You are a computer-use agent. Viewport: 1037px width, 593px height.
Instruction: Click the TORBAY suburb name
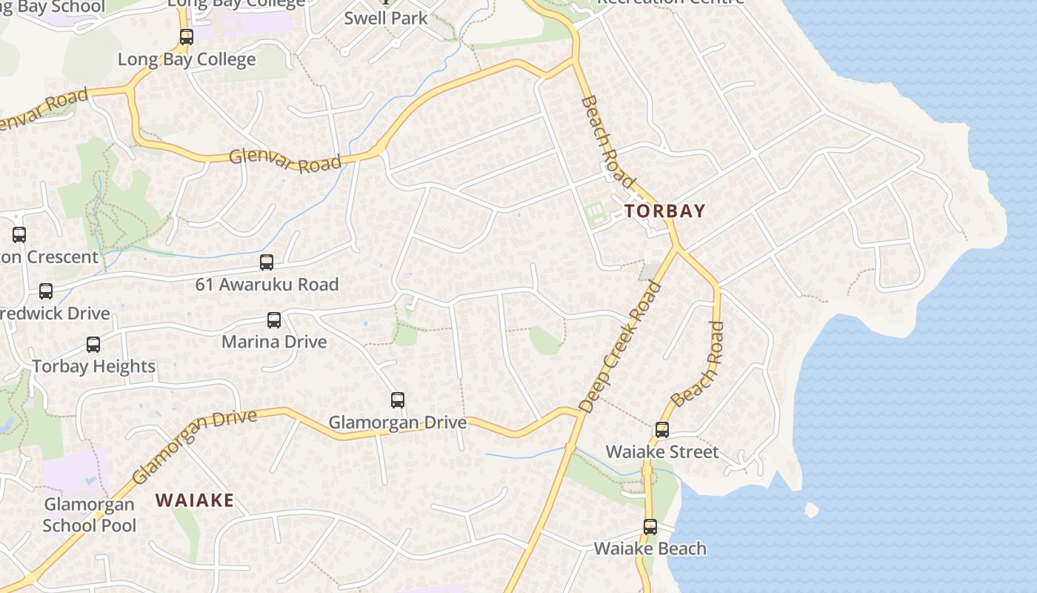point(664,211)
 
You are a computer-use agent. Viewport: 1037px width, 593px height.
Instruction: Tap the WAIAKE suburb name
point(195,500)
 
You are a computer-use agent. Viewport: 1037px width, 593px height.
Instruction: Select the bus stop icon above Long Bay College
point(186,37)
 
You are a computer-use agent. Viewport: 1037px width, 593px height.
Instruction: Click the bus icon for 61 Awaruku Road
point(266,262)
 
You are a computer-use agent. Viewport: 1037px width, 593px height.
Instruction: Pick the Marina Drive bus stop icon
point(274,320)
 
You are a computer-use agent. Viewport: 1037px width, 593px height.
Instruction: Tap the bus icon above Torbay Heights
point(93,345)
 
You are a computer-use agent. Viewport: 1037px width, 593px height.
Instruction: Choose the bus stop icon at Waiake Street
point(661,430)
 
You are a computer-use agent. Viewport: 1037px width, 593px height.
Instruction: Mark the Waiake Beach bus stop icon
point(650,527)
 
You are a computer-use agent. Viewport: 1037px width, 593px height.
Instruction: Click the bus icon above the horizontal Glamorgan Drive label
point(398,400)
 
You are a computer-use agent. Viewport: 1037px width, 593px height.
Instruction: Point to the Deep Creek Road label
point(621,347)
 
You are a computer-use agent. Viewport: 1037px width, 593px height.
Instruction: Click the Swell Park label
point(386,18)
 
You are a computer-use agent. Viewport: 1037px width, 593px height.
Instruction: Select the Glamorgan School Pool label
point(90,515)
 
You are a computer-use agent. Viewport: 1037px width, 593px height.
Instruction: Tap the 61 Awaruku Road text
point(267,285)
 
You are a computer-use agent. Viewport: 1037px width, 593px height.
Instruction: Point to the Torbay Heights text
point(94,366)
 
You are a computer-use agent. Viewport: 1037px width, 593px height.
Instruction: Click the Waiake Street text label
point(662,452)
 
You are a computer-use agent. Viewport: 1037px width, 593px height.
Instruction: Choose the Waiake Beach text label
point(650,549)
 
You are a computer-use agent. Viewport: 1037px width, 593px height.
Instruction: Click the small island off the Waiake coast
point(811,510)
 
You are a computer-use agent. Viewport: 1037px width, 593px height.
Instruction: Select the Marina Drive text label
point(274,342)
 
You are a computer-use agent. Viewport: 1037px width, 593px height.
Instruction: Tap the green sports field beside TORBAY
point(595,215)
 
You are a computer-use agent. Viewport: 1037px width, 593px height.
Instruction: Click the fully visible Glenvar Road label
point(285,159)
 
